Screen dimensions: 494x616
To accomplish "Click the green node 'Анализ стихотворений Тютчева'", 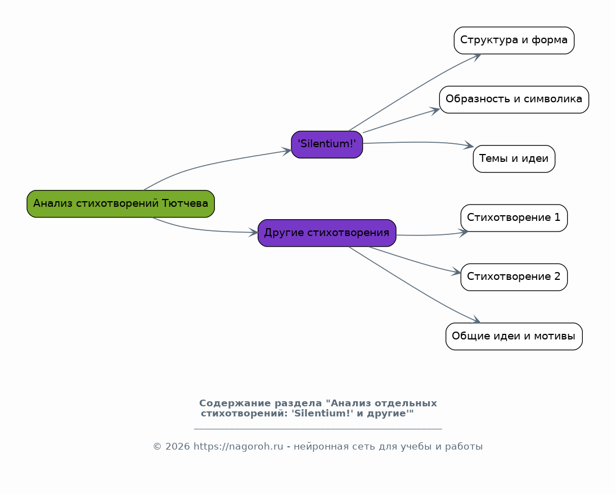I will (120, 203).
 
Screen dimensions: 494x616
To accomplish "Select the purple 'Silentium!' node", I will (327, 144).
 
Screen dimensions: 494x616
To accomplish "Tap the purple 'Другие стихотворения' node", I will (327, 233).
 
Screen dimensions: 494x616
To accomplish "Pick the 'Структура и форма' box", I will (514, 40).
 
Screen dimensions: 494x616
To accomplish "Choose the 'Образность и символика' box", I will (514, 99).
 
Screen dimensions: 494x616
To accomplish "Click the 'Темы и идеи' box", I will (514, 158).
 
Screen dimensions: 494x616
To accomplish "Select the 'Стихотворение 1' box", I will (514, 218).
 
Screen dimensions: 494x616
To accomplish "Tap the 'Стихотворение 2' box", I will (514, 277).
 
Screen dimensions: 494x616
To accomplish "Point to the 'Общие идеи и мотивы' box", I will (514, 336).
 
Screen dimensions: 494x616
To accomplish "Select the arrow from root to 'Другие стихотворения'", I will (203, 230).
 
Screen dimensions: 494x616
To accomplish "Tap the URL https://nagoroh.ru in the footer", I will (238, 447).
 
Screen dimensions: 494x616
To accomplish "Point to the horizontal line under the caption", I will (318, 429).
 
